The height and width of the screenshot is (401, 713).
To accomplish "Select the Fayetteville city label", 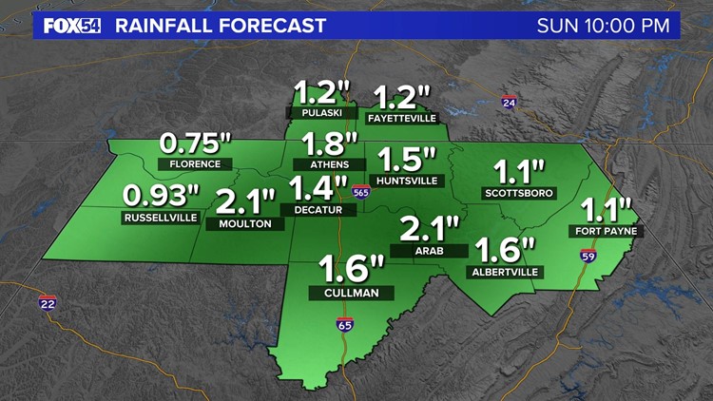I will (401, 119).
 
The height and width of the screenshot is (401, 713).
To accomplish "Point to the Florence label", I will (195, 163).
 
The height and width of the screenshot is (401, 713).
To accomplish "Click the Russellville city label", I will (161, 218).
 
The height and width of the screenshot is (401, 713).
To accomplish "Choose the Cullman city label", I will (344, 294).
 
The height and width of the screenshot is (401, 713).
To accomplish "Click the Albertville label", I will (505, 272).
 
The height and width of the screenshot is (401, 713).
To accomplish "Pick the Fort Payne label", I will (605, 231).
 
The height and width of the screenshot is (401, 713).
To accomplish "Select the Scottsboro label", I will (519, 193).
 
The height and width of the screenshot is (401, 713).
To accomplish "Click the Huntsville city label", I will (406, 179).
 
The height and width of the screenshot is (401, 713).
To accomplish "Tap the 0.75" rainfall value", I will (195, 143).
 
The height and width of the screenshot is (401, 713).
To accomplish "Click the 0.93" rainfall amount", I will (162, 196).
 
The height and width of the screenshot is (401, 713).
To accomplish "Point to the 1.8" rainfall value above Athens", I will (330, 144).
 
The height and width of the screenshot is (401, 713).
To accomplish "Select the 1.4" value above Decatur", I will (318, 186).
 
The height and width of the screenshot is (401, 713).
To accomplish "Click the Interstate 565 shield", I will (358, 190).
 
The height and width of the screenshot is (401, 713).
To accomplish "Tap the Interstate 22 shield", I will (47, 303).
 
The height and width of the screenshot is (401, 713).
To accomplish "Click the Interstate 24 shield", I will (509, 102).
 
